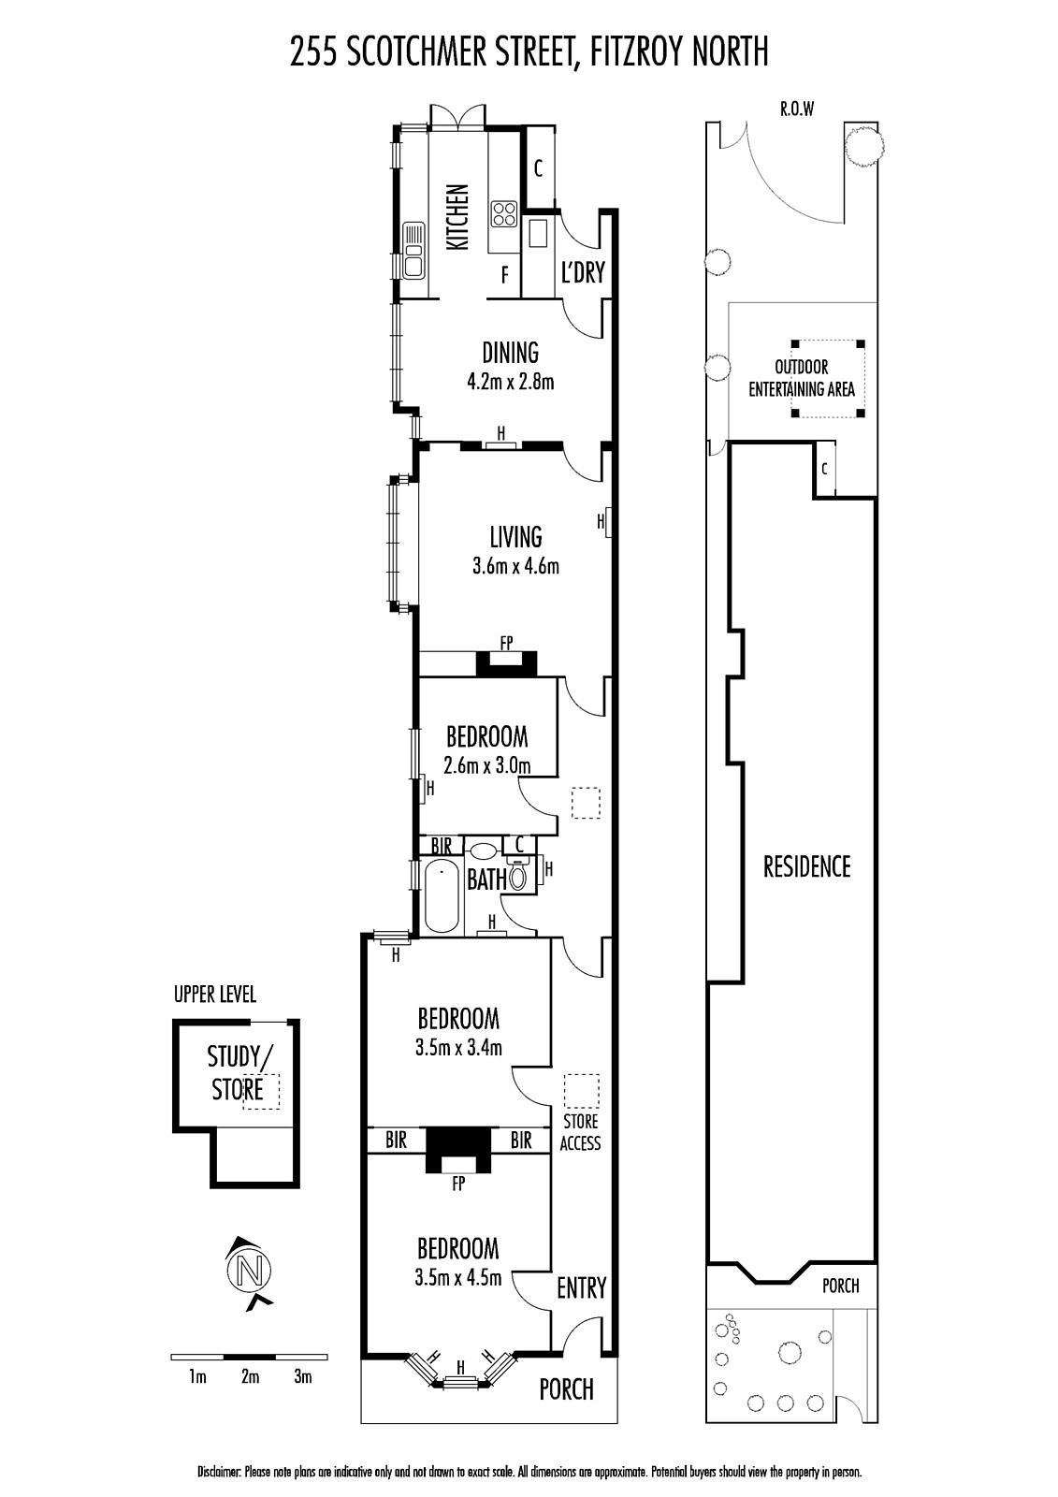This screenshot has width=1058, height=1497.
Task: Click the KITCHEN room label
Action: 457,217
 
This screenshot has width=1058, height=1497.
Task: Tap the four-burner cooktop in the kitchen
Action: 504,214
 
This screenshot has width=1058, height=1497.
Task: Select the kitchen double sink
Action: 413,248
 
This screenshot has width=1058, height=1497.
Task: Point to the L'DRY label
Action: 583,272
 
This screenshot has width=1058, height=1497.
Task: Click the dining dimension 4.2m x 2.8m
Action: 511,382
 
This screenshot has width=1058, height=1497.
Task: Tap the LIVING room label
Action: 515,537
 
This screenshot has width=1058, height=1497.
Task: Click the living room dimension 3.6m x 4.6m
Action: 515,566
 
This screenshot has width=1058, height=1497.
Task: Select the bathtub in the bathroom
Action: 442,895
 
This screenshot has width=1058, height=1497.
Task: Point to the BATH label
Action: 486,879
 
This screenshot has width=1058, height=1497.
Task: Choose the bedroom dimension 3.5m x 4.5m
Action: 457,1278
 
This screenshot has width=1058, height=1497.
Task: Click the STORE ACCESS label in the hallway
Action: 580,1132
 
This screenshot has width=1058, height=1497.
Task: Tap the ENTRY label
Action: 582,1287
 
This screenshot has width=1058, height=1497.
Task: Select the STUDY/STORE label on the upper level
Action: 239,1072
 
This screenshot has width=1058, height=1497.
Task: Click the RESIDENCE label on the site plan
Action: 806,866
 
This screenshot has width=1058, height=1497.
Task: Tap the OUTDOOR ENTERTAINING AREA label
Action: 802,378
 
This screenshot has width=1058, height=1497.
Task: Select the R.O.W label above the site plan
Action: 797,109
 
